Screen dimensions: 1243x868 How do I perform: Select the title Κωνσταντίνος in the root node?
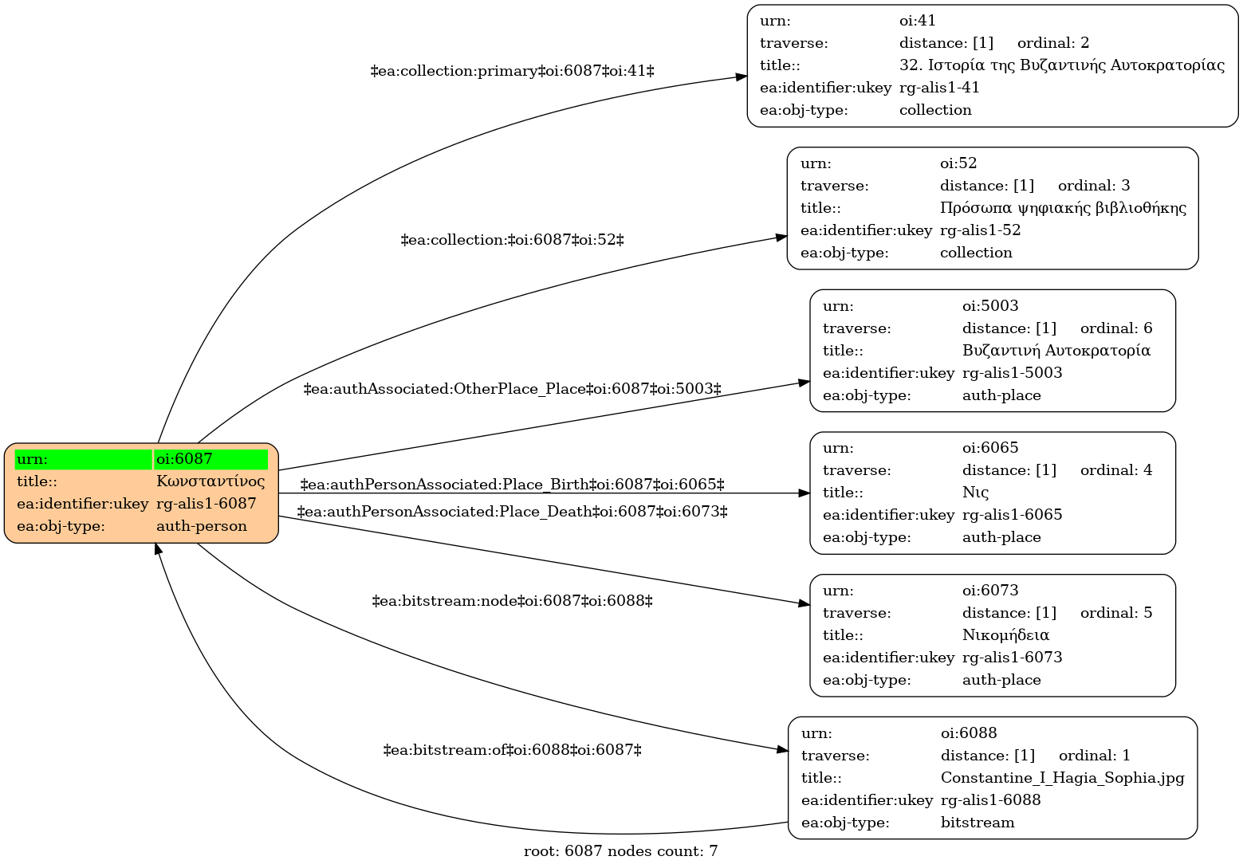pos(210,481)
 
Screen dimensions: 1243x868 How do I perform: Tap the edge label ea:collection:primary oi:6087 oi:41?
pos(512,71)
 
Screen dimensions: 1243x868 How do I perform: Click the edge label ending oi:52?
pos(512,240)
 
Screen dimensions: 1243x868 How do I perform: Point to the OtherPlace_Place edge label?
pos(512,389)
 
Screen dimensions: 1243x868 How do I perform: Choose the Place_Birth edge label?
pos(512,485)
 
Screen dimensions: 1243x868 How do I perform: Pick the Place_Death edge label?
pos(512,512)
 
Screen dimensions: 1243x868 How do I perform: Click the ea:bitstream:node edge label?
pos(512,601)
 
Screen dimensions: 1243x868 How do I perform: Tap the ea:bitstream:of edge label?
pos(512,750)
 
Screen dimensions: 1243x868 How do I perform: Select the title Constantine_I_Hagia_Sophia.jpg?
pos(1063,778)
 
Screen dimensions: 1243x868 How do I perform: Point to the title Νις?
pos(975,493)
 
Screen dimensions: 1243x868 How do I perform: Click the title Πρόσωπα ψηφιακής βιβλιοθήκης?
pos(1064,208)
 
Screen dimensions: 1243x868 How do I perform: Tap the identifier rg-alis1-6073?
pos(1012,658)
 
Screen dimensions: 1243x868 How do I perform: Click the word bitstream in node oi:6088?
pos(977,823)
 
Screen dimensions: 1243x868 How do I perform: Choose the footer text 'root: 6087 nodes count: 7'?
pos(620,851)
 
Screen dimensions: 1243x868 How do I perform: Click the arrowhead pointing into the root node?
pos(158,548)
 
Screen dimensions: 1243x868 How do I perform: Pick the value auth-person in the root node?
pos(202,526)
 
